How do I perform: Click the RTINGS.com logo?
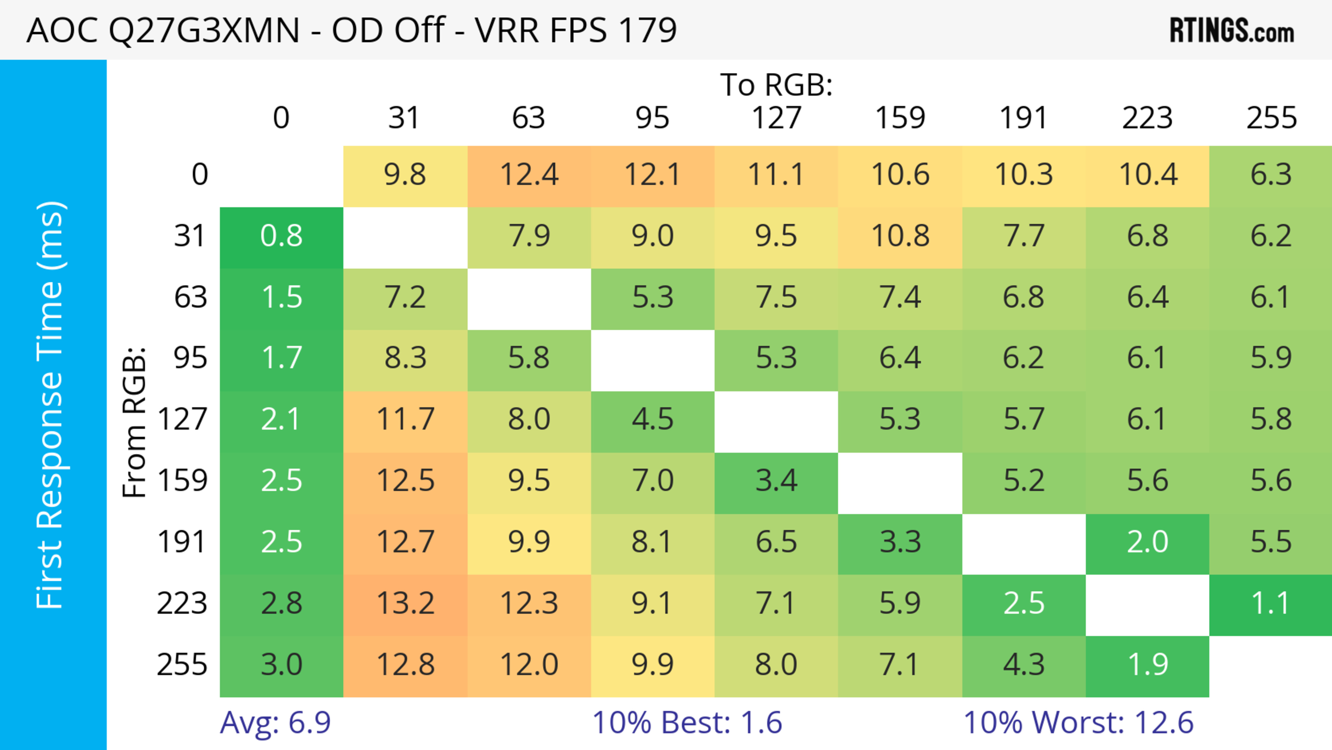point(1232,31)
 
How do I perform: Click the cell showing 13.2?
point(405,603)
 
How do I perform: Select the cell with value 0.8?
point(281,236)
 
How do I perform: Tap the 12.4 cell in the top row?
point(529,174)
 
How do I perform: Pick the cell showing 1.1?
point(1271,603)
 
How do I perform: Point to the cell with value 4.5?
point(652,419)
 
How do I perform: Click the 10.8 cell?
point(900,236)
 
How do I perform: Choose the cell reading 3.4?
point(776,481)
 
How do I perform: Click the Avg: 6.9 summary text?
point(275,723)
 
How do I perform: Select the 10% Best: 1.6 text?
point(687,723)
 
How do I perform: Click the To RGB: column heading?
point(776,85)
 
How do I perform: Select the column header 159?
point(900,118)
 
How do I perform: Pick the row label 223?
point(182,603)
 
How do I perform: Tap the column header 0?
point(281,118)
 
